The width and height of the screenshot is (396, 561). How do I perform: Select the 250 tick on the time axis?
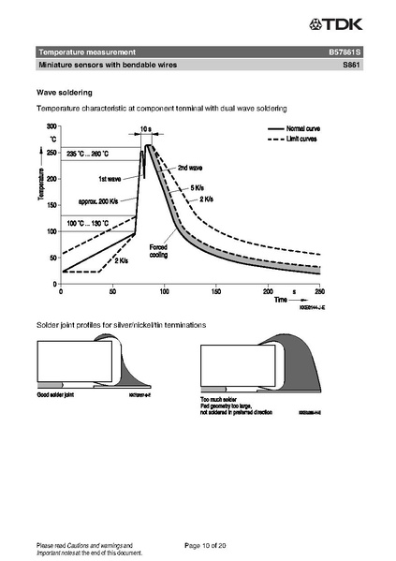tap(320, 291)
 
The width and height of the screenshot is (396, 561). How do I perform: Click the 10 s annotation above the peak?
tap(146, 129)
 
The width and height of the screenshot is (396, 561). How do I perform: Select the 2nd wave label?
tap(190, 169)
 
